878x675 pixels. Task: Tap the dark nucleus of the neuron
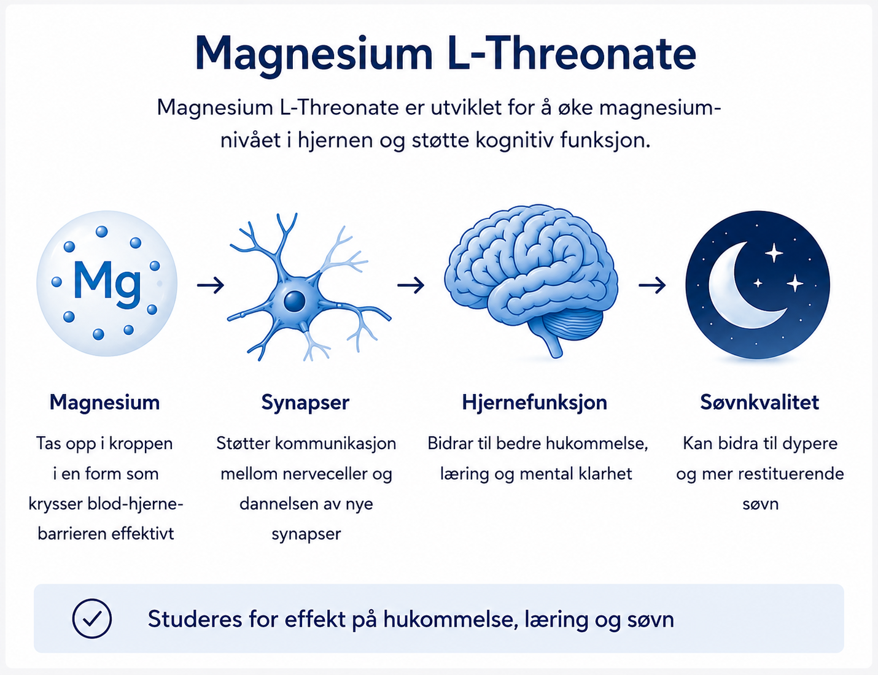click(x=295, y=301)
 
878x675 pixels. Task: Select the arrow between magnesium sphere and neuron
click(x=211, y=285)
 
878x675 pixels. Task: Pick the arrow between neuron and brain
click(x=411, y=285)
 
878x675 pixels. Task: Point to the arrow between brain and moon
click(x=652, y=285)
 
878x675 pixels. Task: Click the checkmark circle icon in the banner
click(x=92, y=619)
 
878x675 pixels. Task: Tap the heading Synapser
click(x=306, y=403)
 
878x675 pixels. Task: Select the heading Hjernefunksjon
click(x=535, y=403)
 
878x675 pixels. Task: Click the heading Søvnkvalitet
click(x=760, y=403)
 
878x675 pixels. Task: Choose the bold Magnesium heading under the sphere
click(x=104, y=403)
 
